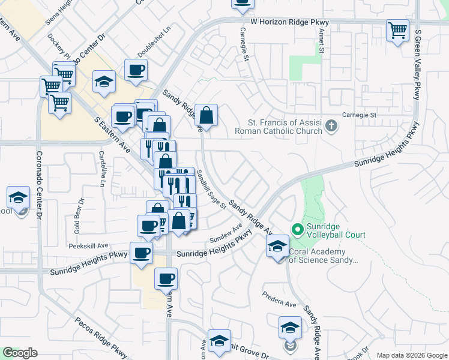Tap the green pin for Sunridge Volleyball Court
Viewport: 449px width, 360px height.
(x=297, y=230)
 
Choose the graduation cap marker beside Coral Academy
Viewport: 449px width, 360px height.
(x=277, y=247)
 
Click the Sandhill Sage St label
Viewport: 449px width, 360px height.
(x=211, y=189)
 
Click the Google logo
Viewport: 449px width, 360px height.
(x=19, y=353)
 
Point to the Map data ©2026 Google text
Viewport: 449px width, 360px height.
(x=411, y=355)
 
